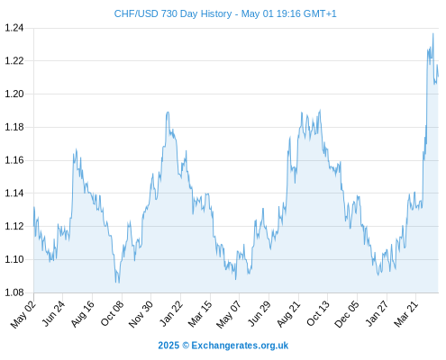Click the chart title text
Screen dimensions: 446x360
coord(225,13)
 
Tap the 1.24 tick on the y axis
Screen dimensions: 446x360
coord(14,28)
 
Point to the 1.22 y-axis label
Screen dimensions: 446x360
coord(14,61)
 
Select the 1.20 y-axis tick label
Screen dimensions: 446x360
coord(14,94)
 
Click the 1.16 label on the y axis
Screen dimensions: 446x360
coord(14,160)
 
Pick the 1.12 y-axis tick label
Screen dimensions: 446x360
coord(14,226)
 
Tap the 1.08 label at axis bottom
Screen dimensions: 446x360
coord(14,292)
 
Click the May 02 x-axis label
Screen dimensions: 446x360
coord(23,314)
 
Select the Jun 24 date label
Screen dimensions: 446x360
coord(53,313)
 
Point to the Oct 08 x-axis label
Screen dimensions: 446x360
coord(112,313)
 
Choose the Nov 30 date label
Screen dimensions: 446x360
coord(141,314)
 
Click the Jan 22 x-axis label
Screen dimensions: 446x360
coord(171,313)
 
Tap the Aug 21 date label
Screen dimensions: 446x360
coord(288,314)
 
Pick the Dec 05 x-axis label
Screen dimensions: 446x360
coord(347,314)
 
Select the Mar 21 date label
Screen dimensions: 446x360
coord(406,314)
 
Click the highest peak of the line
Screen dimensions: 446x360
coord(432,33)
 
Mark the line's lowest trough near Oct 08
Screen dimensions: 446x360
coord(119,283)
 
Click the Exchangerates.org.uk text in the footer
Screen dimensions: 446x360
coord(240,346)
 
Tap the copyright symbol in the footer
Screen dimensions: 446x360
coord(186,346)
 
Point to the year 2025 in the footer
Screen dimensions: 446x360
coord(168,346)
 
